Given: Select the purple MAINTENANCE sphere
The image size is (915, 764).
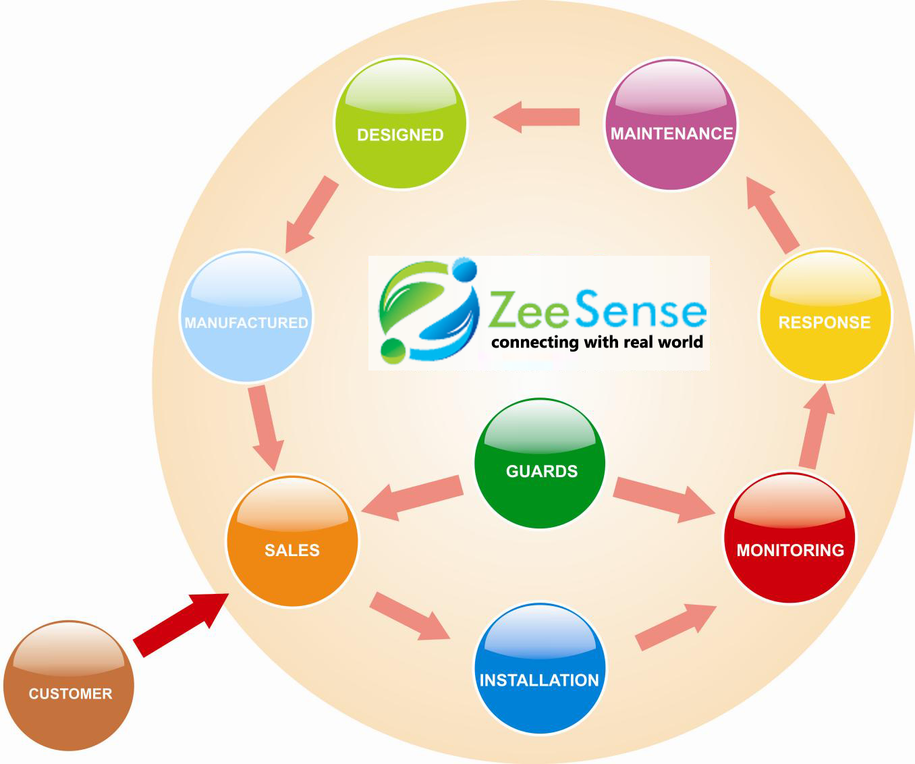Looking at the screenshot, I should pyautogui.click(x=671, y=124).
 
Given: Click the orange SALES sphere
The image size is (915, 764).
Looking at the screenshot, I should pyautogui.click(x=292, y=541).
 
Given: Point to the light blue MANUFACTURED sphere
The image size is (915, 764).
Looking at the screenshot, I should pyautogui.click(x=247, y=317).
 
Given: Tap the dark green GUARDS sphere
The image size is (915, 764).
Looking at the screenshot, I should pyautogui.click(x=540, y=463).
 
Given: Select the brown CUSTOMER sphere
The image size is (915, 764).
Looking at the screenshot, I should pyautogui.click(x=69, y=684).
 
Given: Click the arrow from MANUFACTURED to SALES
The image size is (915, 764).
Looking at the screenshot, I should pyautogui.click(x=266, y=427).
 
